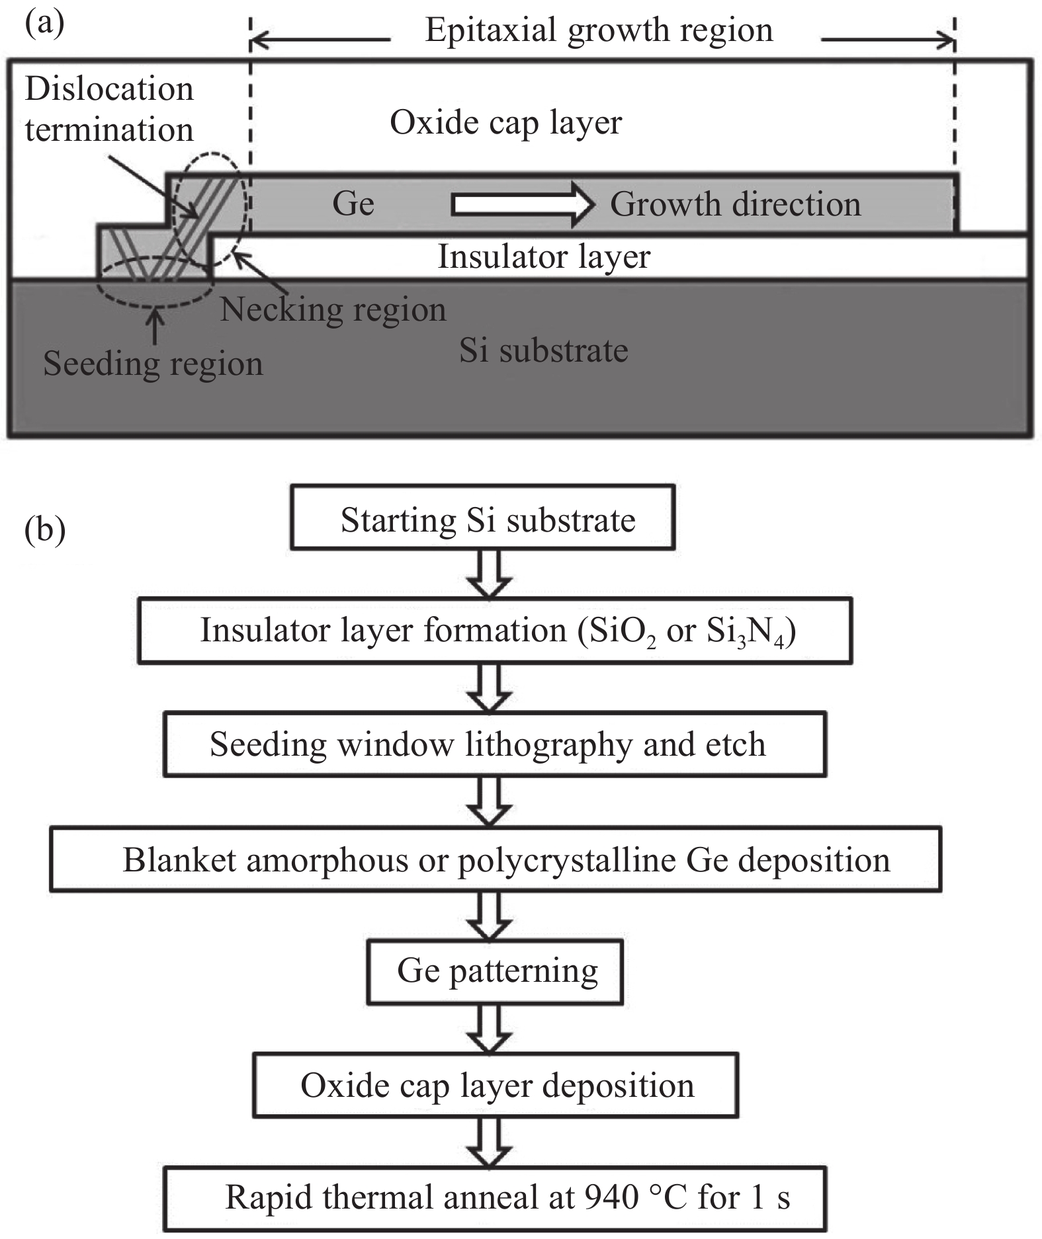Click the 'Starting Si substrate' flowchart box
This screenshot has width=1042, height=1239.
click(x=482, y=518)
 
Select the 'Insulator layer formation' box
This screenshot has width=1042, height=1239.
click(x=495, y=630)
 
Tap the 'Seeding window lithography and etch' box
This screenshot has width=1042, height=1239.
click(x=495, y=744)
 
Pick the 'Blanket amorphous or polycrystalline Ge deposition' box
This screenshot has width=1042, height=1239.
click(x=496, y=859)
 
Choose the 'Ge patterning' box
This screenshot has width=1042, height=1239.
click(x=496, y=971)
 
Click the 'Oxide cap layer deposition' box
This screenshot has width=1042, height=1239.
click(x=496, y=1086)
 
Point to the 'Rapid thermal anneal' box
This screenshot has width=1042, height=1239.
click(x=495, y=1198)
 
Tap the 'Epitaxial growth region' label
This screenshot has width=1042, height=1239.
click(x=599, y=30)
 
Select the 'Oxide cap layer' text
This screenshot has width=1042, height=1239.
click(x=505, y=123)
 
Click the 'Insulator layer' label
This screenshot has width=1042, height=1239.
click(x=544, y=257)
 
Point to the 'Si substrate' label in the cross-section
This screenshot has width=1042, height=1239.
click(x=543, y=350)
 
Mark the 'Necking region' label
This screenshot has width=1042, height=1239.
click(x=333, y=309)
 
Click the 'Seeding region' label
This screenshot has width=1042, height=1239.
click(x=153, y=364)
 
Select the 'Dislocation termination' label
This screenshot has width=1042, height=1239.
click(x=109, y=109)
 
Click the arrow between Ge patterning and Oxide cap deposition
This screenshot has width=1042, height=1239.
click(x=490, y=1029)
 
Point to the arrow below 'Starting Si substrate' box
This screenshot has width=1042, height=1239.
click(x=490, y=574)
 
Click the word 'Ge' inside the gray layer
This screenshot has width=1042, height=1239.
click(x=353, y=204)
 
